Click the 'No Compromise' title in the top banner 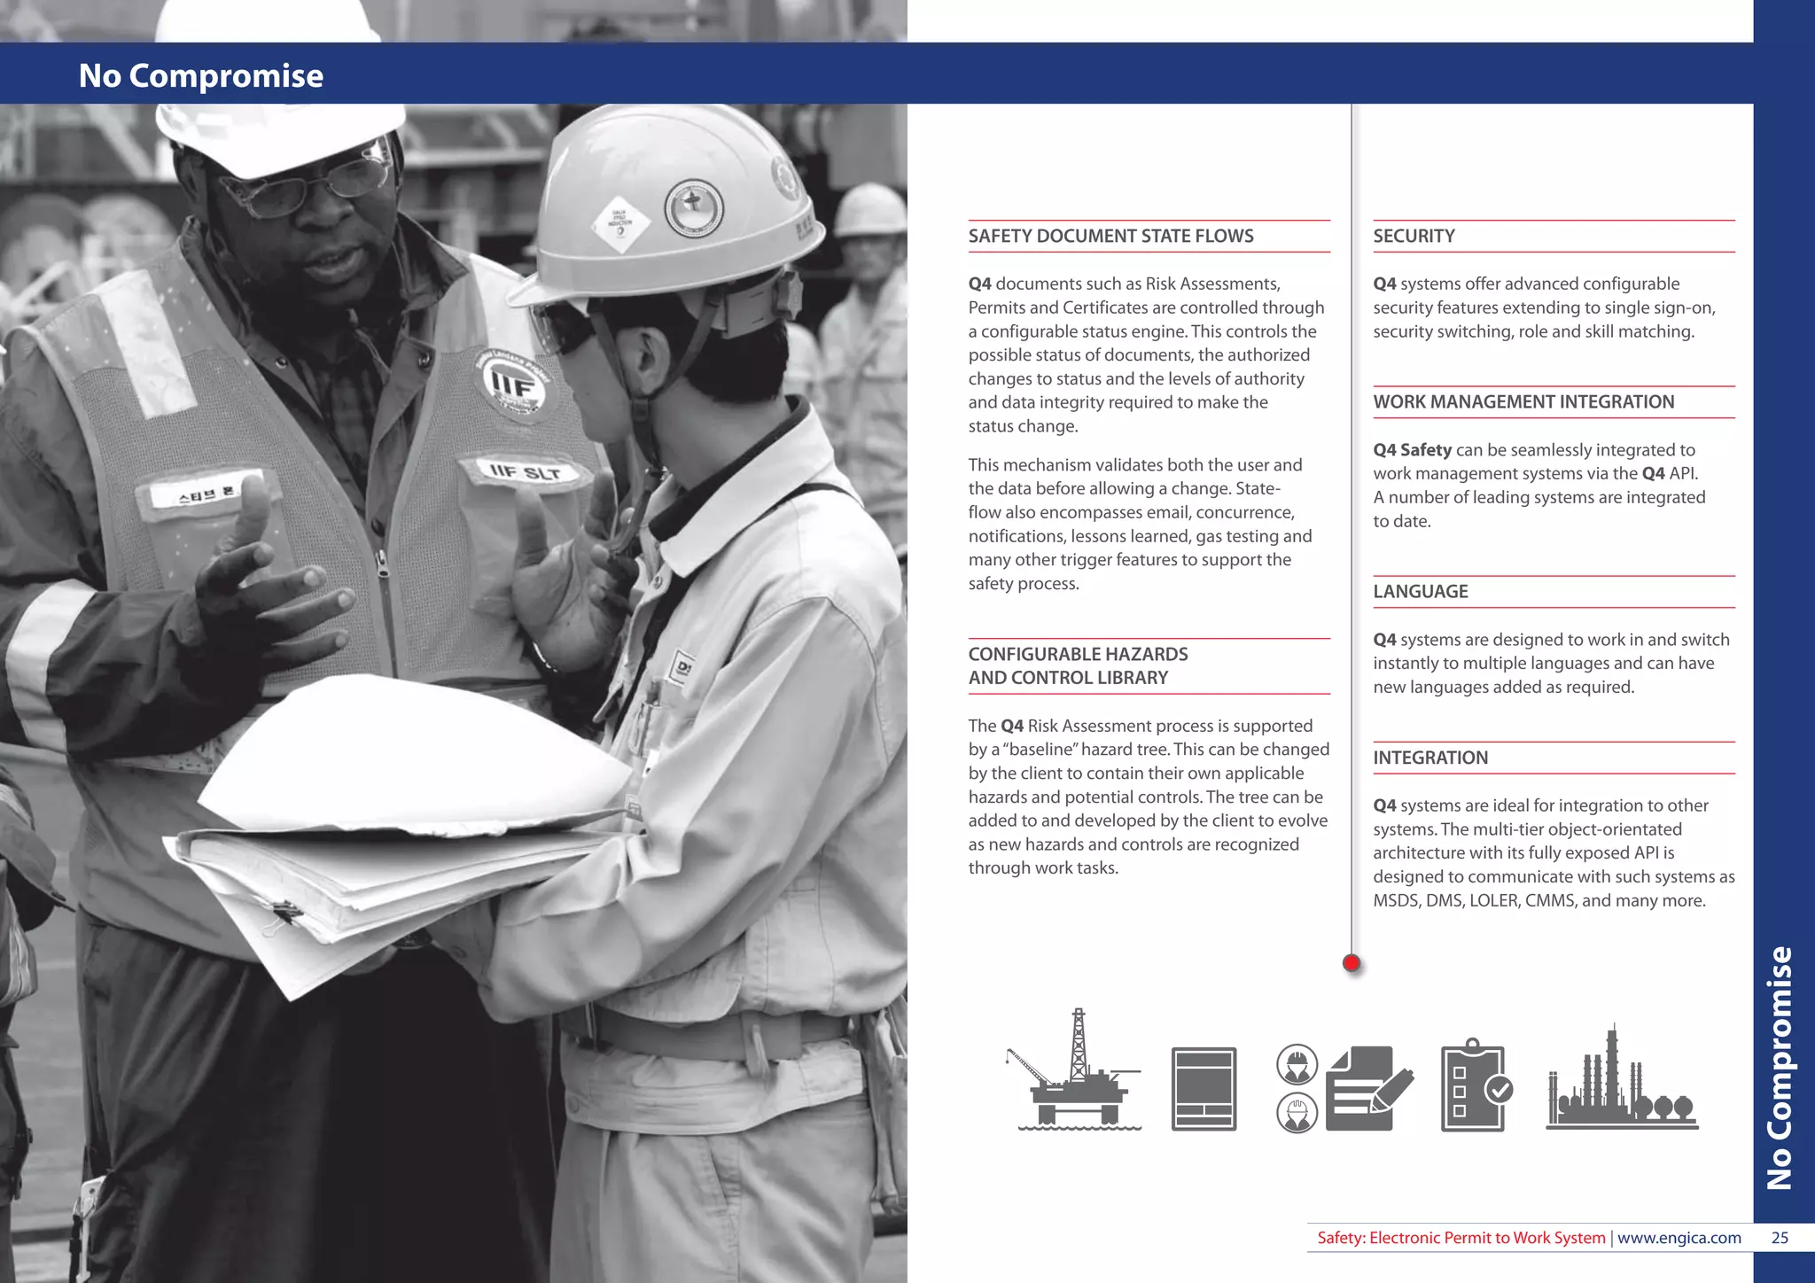click(x=201, y=75)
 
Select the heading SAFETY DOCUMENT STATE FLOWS click(x=1110, y=236)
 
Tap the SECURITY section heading click(x=1414, y=236)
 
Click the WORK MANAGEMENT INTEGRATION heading click(x=1523, y=401)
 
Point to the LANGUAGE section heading click(x=1420, y=591)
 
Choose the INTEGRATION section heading click(x=1429, y=758)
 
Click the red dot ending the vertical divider click(x=1351, y=963)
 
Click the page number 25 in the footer click(x=1780, y=1238)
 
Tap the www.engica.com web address click(x=1679, y=1238)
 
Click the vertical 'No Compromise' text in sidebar click(x=1780, y=1068)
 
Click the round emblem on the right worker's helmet click(x=694, y=207)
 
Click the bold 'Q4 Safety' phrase click(x=1412, y=450)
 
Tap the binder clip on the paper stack click(x=284, y=912)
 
